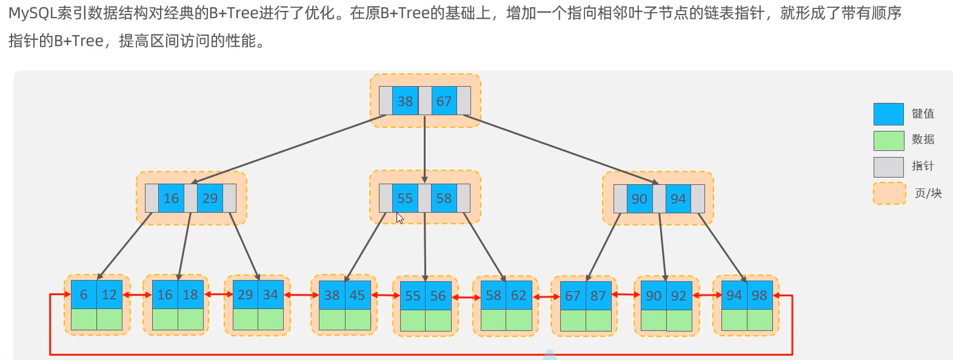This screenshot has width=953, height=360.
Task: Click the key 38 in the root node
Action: tap(405, 101)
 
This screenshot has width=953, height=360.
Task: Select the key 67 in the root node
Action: tap(444, 101)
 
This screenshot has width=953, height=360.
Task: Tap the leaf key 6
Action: tap(84, 295)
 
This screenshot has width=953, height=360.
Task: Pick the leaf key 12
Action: tap(109, 295)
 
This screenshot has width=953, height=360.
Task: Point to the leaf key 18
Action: tap(190, 295)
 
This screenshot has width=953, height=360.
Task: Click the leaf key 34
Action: tap(270, 295)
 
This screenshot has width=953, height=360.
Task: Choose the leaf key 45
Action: tap(358, 295)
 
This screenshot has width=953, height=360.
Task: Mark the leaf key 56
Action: tap(438, 296)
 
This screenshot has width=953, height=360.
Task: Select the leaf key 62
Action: tap(519, 295)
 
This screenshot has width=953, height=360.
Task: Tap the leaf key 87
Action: tap(598, 296)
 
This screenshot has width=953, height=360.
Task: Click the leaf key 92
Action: tap(678, 296)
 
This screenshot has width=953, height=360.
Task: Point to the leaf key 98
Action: tap(760, 295)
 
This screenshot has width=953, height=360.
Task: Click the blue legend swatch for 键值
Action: tap(888, 114)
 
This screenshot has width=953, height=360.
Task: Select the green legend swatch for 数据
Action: tap(888, 140)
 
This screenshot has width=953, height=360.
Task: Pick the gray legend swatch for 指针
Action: tap(888, 167)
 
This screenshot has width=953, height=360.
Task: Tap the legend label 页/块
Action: tap(928, 193)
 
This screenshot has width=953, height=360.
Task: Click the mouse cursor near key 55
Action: tap(400, 218)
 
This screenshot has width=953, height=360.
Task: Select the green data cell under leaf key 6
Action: tap(84, 319)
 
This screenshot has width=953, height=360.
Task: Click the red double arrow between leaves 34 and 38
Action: tap(301, 295)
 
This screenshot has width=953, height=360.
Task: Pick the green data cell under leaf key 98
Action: tap(760, 320)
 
